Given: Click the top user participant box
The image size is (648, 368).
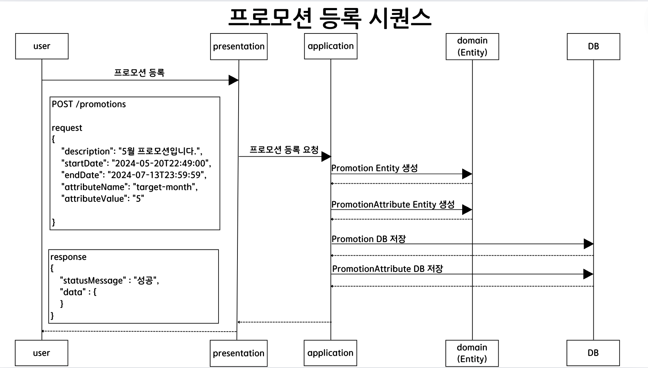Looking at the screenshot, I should pos(42,46).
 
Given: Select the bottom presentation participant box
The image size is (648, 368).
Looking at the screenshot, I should pos(239,353).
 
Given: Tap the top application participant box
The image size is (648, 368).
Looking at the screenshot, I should pos(331,46).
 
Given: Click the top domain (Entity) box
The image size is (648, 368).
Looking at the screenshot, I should pos(472,47).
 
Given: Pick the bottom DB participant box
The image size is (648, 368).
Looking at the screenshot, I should pos(593,353).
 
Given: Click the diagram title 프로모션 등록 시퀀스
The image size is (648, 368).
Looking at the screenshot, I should pos(330,17).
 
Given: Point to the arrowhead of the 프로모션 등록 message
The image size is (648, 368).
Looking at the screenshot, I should pos(233,80).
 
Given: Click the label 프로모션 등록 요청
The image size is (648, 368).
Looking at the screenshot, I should pos(284,149).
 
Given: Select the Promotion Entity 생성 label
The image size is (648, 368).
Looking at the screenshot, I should pos(375,168).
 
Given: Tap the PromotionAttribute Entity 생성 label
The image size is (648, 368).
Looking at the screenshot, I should pos(393,204).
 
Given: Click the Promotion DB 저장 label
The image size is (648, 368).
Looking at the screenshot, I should pos(368,239).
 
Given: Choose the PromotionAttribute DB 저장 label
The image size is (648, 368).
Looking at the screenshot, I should pos(388,269).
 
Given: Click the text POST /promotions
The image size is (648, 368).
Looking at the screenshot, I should pos(89,104).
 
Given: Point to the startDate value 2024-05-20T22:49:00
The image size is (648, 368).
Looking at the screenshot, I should pos(160,163).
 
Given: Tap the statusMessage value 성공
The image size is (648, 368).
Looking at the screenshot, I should pos(146,280).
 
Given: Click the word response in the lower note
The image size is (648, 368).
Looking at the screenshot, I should pos(68,257).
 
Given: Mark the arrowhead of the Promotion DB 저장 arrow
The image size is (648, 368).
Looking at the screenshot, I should pos(588,244).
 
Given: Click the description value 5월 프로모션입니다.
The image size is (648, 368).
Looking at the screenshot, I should pos(160,151).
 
